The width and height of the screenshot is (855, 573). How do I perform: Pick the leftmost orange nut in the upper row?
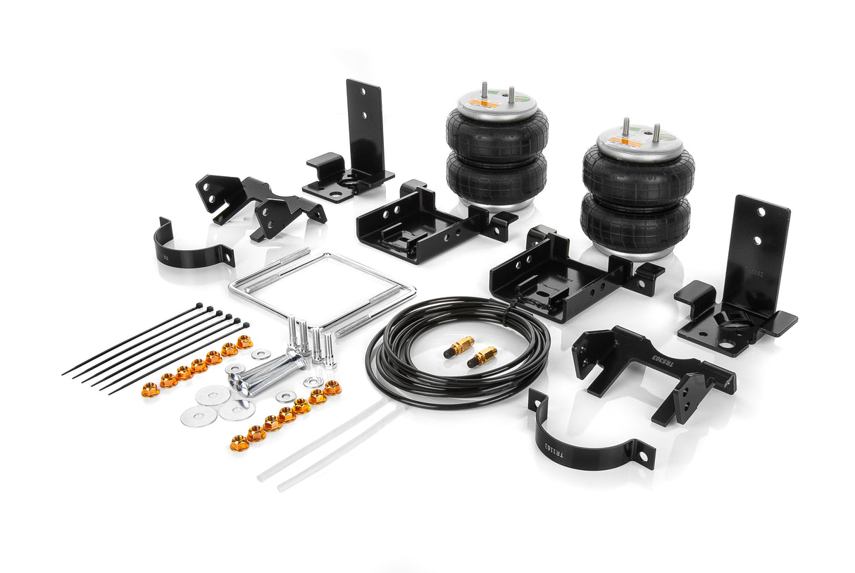(x=149, y=390)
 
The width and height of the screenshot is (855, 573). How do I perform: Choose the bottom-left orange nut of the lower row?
(x=239, y=443)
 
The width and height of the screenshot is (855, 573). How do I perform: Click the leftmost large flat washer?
(x=199, y=416)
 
